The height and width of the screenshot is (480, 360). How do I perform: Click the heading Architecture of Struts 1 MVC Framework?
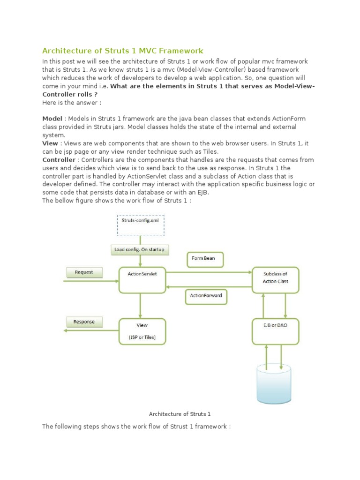pos(123,51)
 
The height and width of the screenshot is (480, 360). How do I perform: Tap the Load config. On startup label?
pos(139,249)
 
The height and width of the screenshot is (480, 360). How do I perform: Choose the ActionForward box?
pos(206,296)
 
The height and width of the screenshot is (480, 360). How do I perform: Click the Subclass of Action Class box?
pos(275,280)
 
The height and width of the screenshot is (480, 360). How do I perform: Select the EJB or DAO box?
pos(275,330)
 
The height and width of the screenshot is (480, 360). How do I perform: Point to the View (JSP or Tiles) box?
pos(142,331)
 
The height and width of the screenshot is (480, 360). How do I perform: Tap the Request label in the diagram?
pos(84,272)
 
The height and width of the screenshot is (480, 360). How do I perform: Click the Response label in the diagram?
pos(84,322)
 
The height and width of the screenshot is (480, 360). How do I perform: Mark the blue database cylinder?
pos(273,383)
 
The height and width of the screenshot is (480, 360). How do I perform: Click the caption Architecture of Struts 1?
pos(180,414)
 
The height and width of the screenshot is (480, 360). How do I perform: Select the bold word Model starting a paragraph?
pos(52,119)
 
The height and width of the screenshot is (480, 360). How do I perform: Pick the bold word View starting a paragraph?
pos(50,143)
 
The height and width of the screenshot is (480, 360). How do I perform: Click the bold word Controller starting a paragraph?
pos(59,160)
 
